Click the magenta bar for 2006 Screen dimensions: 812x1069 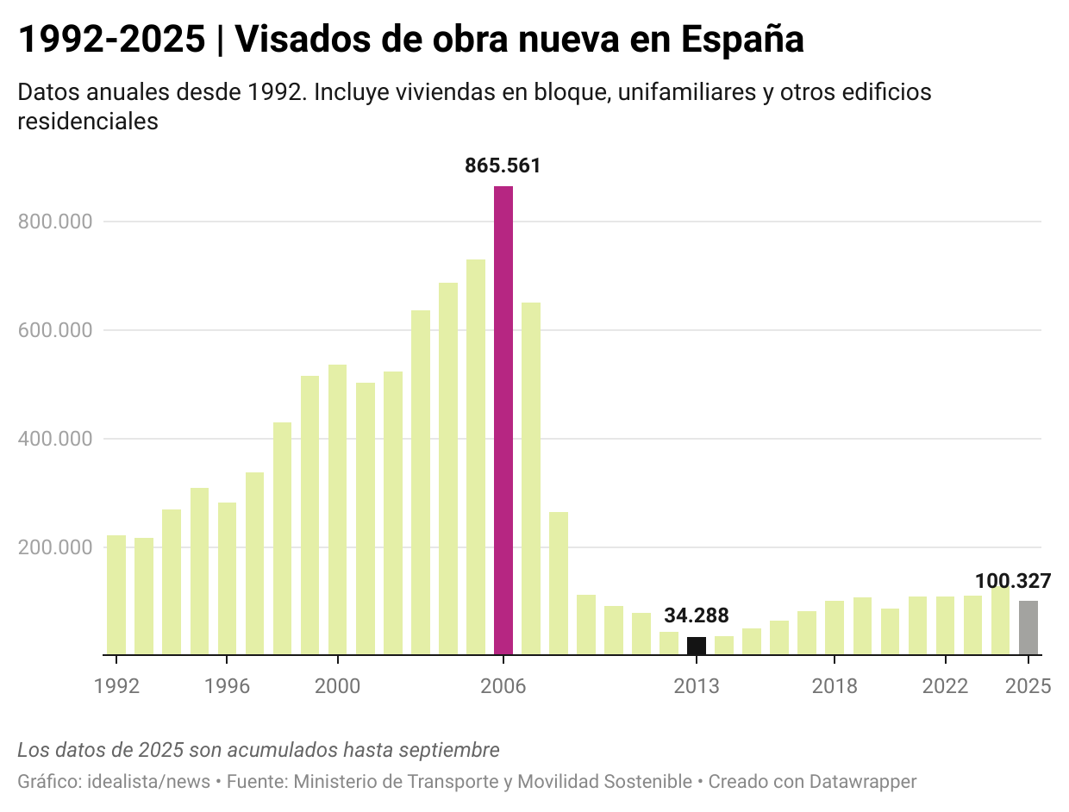503,421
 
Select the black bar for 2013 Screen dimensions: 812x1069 696,646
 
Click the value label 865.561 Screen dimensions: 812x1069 503,166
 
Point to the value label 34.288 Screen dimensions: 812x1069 696,615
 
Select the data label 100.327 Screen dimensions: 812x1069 1013,581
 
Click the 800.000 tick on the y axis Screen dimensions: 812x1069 55,222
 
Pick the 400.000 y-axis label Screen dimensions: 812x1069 55,439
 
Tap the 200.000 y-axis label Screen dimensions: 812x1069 55,547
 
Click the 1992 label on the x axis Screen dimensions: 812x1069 116,686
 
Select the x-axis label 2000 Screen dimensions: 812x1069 337,686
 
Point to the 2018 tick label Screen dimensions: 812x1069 834,686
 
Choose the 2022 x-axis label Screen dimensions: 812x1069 945,686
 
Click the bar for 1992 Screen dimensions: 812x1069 116,595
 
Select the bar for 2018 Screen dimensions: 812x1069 834,628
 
